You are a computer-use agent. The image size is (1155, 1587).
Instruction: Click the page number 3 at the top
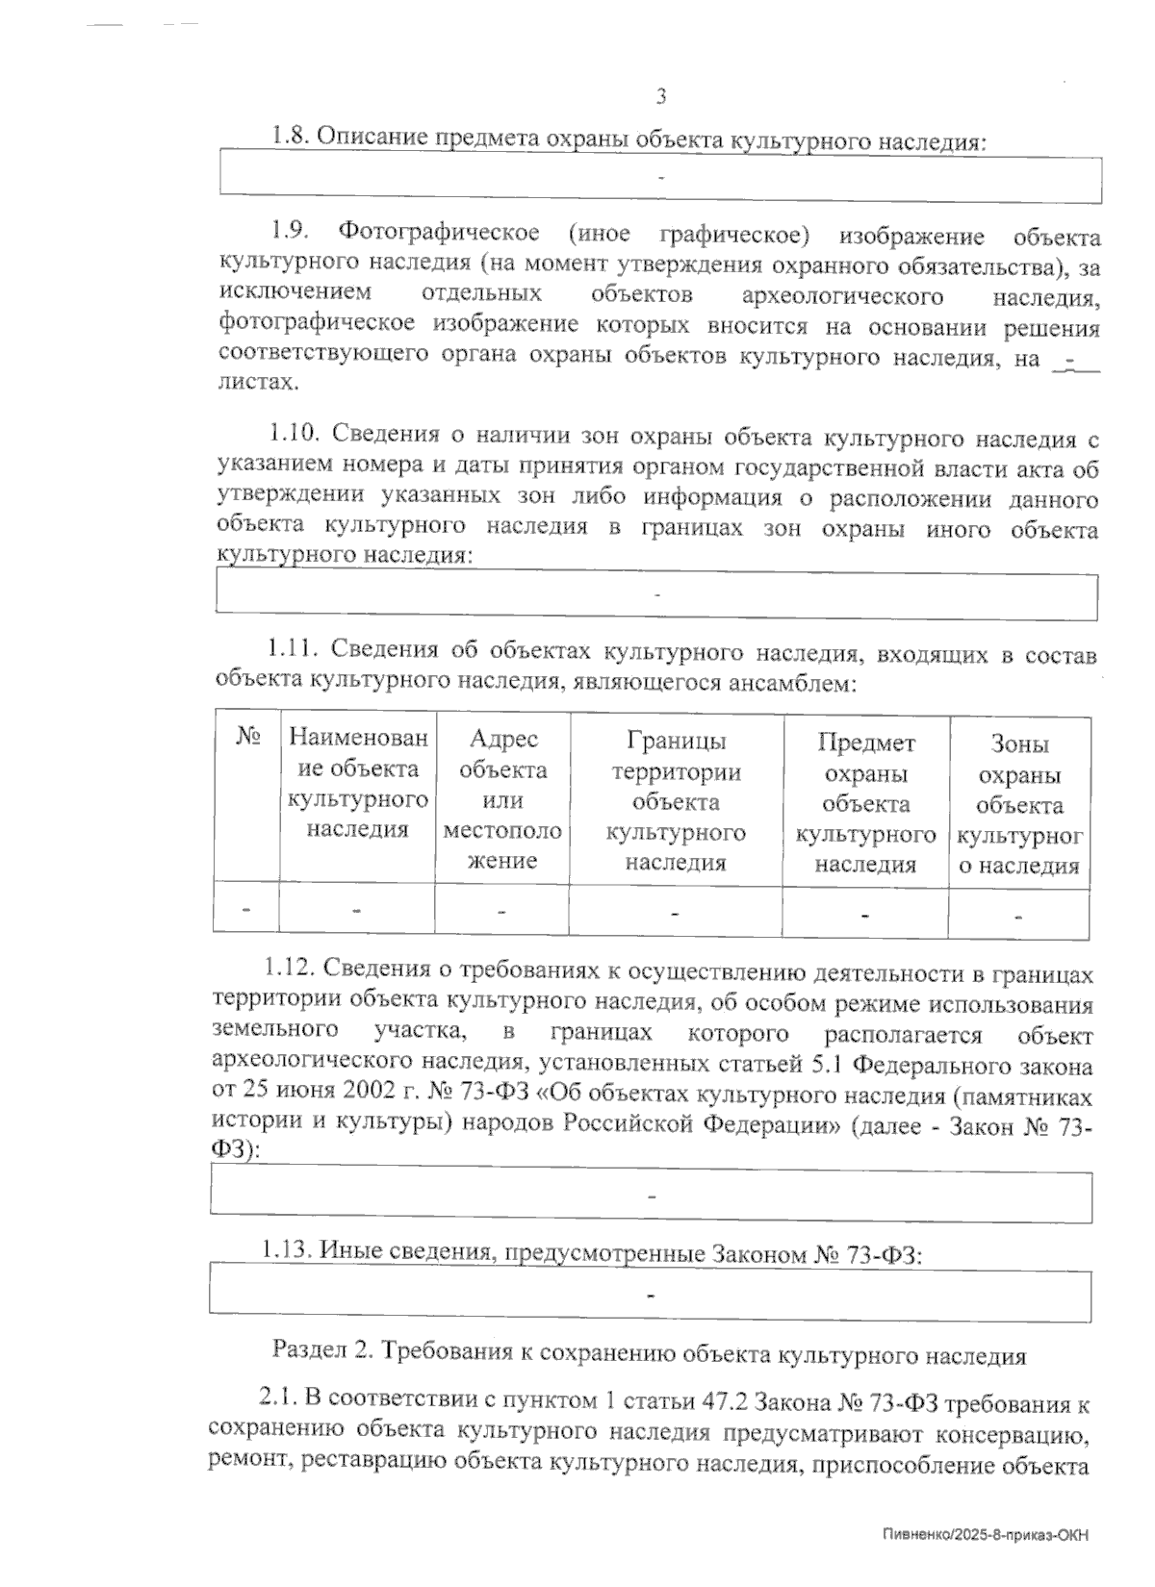coord(661,96)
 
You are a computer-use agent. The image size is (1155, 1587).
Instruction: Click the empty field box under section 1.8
coord(660,179)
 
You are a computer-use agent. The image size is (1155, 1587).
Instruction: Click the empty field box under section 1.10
coord(656,596)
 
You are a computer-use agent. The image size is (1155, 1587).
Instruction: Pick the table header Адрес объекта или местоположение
coord(501,798)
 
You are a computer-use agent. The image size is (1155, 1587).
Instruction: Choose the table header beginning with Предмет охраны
coord(865,802)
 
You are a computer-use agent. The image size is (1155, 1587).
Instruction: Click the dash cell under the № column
coord(247,909)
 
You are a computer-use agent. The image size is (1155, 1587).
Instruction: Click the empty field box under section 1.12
coord(652,1197)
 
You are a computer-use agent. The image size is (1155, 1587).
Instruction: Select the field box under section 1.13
coord(652,1296)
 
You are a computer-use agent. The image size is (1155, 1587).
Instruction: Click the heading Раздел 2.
coord(321,1354)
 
